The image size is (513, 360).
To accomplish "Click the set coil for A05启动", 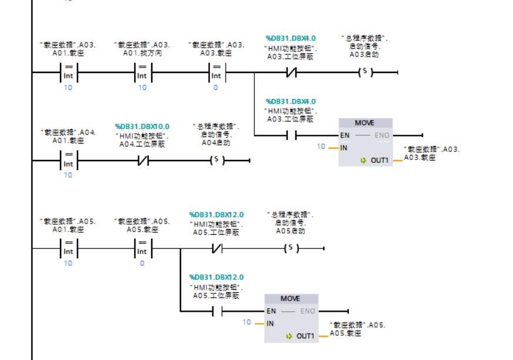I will tap(291, 248).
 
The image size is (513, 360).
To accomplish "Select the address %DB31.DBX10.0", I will tap(142, 126).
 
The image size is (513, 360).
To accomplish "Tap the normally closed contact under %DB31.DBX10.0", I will tap(142, 160).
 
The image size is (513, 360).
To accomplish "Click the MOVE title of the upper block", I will tap(364, 123).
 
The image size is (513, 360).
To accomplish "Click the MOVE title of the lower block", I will tap(290, 298).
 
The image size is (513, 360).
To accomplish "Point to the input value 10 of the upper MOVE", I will tap(321, 146).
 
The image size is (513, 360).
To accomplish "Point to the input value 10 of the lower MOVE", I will tap(246, 322).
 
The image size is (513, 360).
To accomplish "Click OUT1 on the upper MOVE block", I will tap(379, 160).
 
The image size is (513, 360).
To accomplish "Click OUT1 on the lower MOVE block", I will tap(305, 336).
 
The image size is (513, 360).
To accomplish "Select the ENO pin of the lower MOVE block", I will tap(308, 311).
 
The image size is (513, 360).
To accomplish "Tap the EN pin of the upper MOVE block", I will tap(345, 135).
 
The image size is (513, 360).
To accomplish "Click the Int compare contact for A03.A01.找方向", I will tap(142, 72).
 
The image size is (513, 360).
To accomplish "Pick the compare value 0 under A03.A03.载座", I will tap(215, 87).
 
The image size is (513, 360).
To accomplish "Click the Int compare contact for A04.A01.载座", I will tap(68, 160).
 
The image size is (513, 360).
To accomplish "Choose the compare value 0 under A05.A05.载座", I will tap(142, 263).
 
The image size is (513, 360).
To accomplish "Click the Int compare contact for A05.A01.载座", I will tap(68, 248).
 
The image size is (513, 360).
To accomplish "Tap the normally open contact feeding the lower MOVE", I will tap(216, 311).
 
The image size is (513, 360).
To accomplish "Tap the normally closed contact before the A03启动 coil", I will tap(290, 72).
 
